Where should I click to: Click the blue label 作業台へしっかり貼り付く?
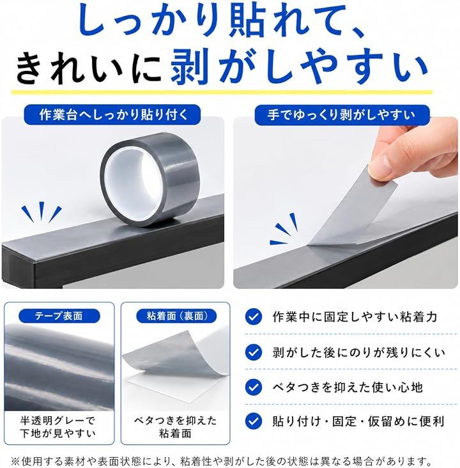click(x=112, y=114)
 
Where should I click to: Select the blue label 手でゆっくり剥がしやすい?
click(x=342, y=114)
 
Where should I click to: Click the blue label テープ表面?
click(x=59, y=316)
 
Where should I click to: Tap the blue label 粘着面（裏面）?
click(x=176, y=316)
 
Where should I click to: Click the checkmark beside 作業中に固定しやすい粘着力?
click(x=254, y=316)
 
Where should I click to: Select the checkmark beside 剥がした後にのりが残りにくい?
click(x=254, y=352)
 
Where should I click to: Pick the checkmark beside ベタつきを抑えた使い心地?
click(x=254, y=387)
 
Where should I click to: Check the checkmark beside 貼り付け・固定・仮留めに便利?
click(x=254, y=421)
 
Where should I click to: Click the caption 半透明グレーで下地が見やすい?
click(x=58, y=427)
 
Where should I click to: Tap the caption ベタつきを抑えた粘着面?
click(x=176, y=427)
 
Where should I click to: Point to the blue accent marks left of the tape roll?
click(x=42, y=212)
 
